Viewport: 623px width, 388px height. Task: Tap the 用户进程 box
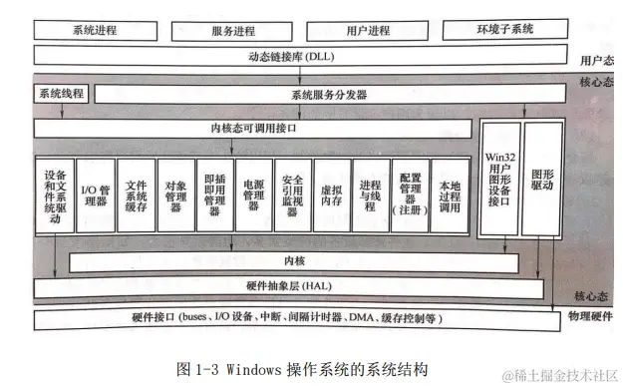coord(369,30)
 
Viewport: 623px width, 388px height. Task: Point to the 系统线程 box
coord(61,95)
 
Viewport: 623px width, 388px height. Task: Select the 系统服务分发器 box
coord(330,96)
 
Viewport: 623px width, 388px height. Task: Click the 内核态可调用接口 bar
coord(254,129)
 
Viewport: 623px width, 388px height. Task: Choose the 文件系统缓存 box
coord(135,194)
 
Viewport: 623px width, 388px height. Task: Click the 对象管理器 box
coord(174,194)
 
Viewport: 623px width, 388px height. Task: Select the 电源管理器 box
coord(252,194)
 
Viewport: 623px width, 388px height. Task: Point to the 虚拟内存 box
coord(330,194)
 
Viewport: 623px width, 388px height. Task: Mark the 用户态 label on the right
coord(596,60)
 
